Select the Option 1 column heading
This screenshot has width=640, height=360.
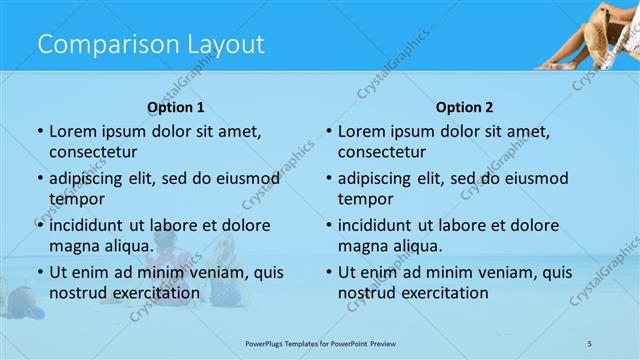[176, 107]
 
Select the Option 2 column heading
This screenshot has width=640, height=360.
[464, 107]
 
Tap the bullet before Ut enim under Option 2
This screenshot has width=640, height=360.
[328, 272]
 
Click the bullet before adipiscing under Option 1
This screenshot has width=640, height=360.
[39, 178]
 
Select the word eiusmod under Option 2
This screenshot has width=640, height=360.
[538, 178]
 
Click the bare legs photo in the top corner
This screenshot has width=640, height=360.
[585, 35]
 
